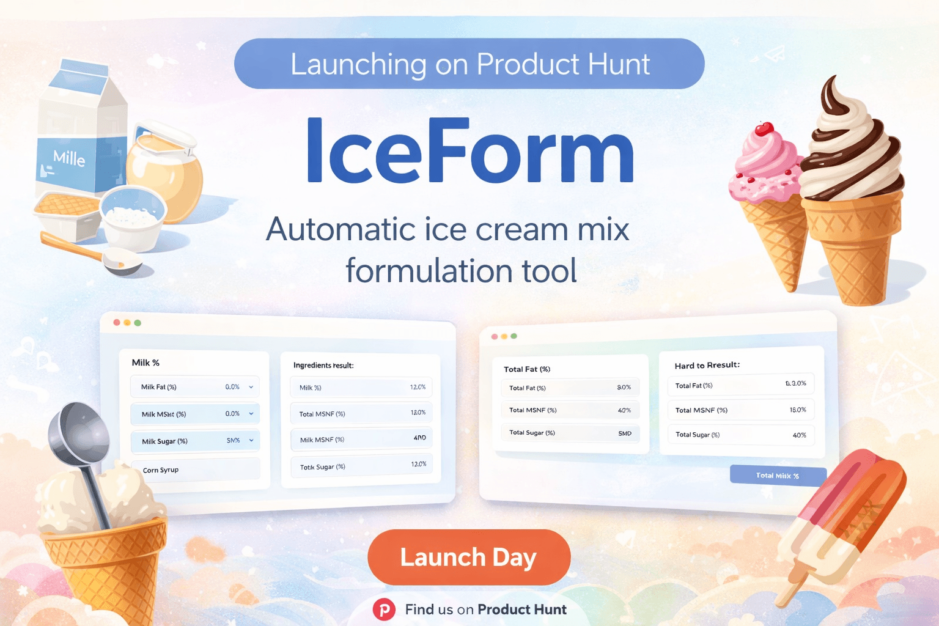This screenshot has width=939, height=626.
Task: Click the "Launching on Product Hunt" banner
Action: tap(469, 64)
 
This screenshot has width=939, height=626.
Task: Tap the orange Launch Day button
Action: tap(469, 557)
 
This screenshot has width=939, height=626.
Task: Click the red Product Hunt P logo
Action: tap(384, 609)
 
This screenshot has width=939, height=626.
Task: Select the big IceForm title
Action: tap(469, 152)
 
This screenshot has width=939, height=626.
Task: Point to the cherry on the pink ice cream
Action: tap(764, 129)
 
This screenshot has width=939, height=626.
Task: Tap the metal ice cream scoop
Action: tap(83, 446)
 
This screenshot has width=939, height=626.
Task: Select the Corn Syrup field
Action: tap(196, 469)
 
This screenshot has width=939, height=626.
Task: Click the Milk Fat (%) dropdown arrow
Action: tap(251, 387)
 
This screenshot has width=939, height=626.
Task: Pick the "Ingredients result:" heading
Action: tap(323, 366)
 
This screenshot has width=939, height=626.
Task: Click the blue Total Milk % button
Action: tap(778, 475)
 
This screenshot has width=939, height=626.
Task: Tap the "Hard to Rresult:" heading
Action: tap(707, 365)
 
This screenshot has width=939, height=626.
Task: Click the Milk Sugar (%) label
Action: tap(164, 441)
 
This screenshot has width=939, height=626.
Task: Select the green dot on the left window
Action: tap(138, 323)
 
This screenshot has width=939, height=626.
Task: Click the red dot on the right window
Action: tap(495, 336)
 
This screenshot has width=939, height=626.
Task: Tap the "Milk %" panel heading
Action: tap(145, 363)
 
